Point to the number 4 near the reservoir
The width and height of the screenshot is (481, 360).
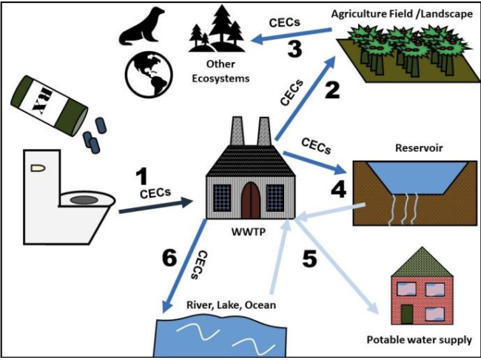tap(338, 189)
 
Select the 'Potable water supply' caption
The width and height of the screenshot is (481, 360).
tap(419, 341)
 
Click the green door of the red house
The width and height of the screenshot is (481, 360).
tap(406, 313)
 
